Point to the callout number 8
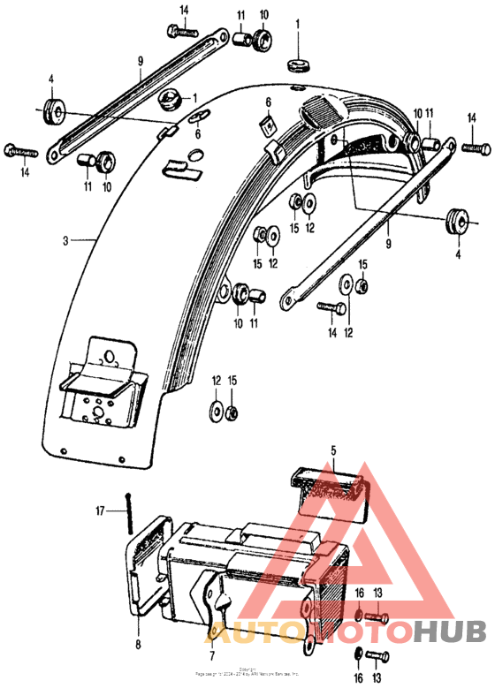click(138, 646)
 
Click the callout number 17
click(102, 510)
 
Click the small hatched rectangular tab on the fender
click(182, 163)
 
